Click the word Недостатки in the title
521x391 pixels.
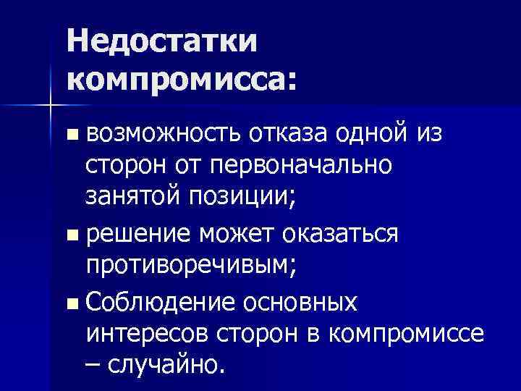(164, 41)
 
